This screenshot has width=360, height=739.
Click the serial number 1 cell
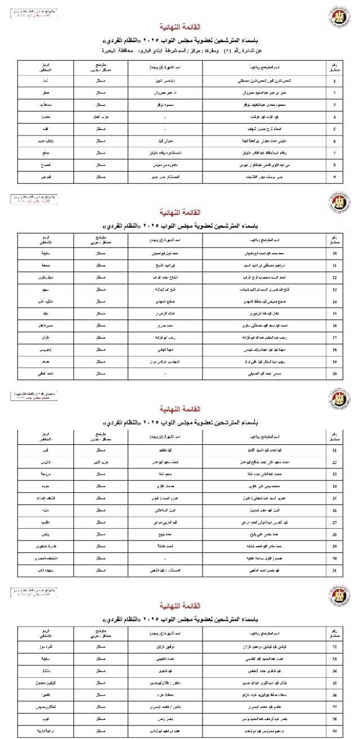pos(335,81)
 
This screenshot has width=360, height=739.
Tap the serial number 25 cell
pos(335,498)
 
